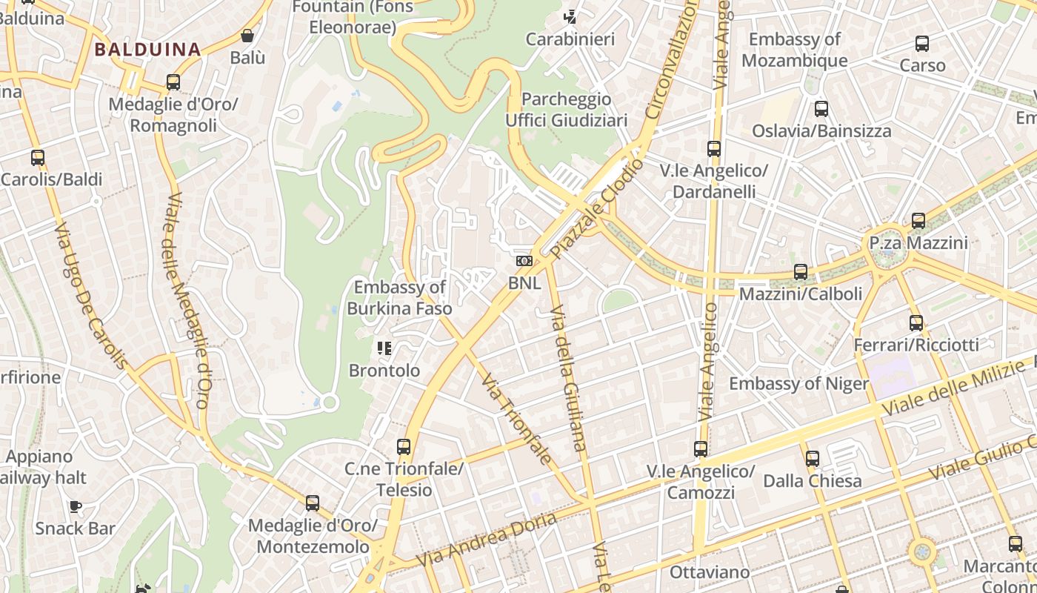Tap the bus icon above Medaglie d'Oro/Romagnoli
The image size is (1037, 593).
173,82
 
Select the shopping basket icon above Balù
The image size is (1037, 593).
247,36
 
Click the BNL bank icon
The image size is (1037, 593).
524,261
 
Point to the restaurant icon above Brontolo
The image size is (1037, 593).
384,348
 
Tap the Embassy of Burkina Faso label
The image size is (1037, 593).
400,297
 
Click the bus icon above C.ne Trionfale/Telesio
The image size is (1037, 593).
404,447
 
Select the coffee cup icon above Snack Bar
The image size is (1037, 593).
75,506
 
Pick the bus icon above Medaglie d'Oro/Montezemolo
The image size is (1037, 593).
313,503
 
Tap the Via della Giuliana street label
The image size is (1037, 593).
570,378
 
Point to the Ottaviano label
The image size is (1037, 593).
701,572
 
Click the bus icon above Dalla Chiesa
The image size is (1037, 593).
813,459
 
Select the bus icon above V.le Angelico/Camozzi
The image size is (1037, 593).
701,448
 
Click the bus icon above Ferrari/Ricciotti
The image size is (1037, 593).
916,323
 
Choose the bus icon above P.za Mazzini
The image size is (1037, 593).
918,221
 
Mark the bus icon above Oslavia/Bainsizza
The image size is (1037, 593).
821,109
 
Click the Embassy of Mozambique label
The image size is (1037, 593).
795,50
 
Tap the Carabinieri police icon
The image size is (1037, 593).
570,16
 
